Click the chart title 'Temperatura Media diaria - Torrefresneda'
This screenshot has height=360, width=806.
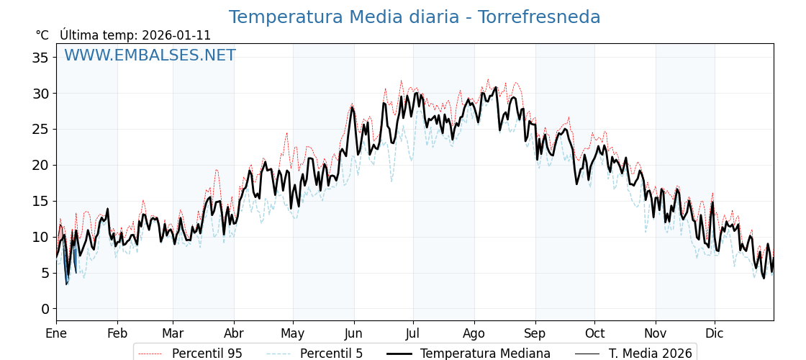tap(414, 17)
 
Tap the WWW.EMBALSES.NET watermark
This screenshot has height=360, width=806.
tap(150, 55)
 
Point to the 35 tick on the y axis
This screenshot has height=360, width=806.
tap(40, 58)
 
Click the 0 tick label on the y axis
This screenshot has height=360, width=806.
tap(45, 309)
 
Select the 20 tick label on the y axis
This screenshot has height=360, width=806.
tap(40, 165)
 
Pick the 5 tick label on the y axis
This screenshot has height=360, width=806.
tap(45, 273)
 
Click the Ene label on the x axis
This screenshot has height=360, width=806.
tap(56, 333)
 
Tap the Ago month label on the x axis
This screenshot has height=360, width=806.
tap(474, 333)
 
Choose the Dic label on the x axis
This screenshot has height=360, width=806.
tap(715, 333)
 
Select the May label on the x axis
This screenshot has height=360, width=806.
tap(293, 333)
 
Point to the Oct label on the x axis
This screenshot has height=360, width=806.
tap(594, 333)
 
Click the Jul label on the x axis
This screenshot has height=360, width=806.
tap(413, 333)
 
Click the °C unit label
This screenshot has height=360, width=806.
tap(42, 35)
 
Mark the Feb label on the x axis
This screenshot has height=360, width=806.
tap(117, 333)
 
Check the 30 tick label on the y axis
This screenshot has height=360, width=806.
tap(40, 94)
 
